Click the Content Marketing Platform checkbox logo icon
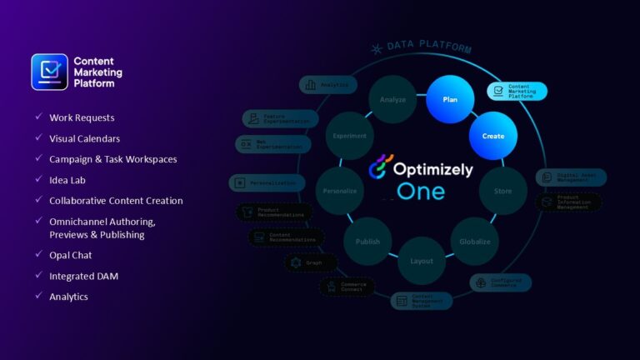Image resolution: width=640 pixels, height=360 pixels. pos(49,72)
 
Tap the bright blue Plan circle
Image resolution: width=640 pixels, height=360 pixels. pos(450,99)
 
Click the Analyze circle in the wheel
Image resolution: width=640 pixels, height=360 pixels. pos(392,99)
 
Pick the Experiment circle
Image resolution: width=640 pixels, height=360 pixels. pos(349,135)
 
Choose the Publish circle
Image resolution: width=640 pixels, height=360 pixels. pos(367,242)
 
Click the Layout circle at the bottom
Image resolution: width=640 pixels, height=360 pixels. pos(422,261)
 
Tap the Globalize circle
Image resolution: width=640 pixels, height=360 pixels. pos(475,242)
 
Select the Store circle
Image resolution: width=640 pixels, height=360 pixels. pos(503,191)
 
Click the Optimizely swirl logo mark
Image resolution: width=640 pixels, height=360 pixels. pos(382,169)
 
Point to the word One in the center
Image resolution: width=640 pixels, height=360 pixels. pos(421,192)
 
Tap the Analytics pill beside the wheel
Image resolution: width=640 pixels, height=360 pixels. pos(327,84)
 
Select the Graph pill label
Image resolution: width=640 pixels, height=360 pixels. pos(311,262)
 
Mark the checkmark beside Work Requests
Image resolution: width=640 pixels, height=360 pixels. pos(38,117)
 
